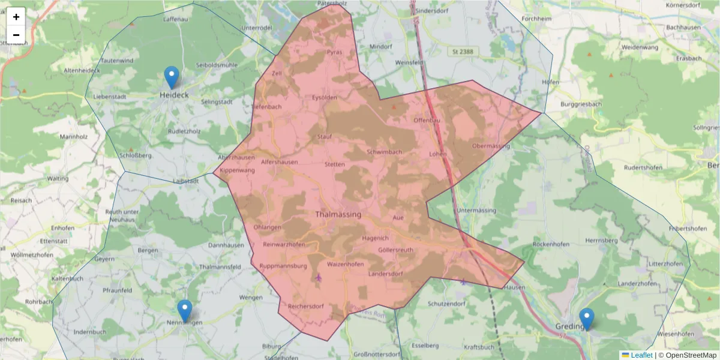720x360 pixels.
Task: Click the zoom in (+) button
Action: click(x=16, y=17)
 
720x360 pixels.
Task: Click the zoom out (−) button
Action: click(x=16, y=35)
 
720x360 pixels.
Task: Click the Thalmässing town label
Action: click(x=338, y=214)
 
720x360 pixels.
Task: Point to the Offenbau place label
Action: click(x=427, y=120)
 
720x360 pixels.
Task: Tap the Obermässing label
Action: click(x=491, y=146)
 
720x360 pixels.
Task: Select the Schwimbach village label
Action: click(x=384, y=152)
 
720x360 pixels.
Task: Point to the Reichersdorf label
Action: click(x=306, y=307)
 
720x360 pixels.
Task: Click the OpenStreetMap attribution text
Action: click(x=688, y=355)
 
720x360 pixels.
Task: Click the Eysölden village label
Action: click(x=325, y=97)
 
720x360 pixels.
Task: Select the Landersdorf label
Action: click(x=385, y=274)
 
